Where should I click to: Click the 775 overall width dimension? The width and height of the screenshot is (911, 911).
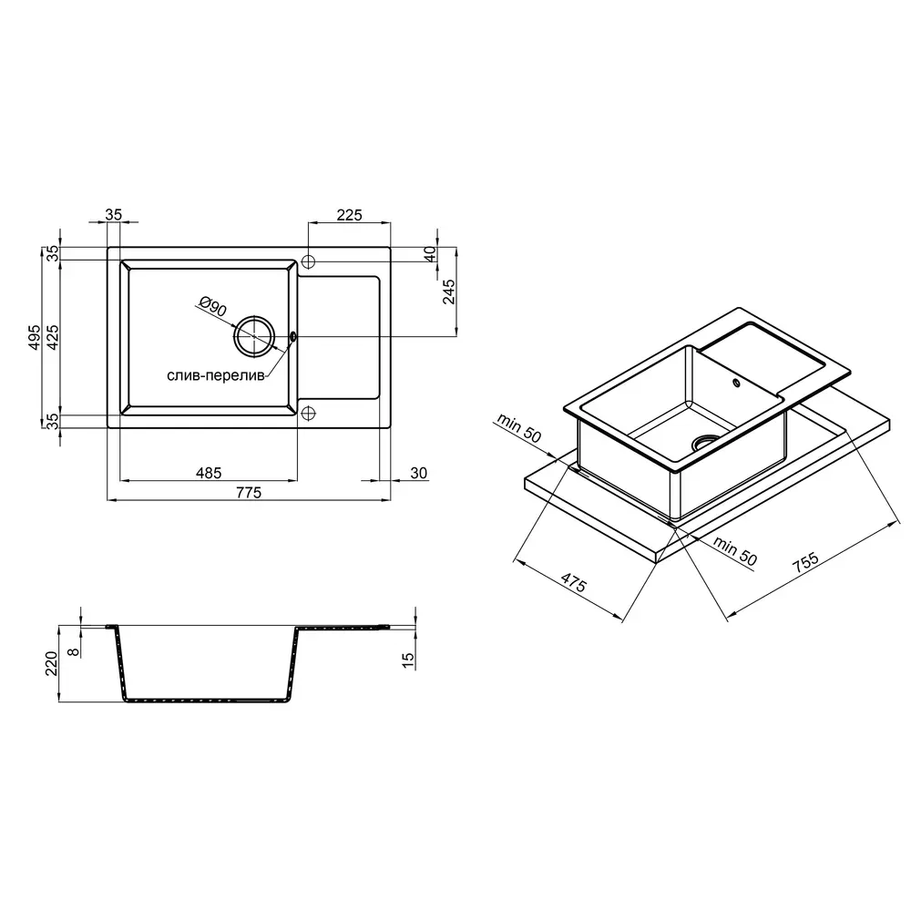tap(249, 493)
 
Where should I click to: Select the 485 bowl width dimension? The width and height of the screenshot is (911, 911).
tap(208, 473)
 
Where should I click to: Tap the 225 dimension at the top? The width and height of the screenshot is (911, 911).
tap(349, 215)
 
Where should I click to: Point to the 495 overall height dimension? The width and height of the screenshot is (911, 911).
tap(35, 337)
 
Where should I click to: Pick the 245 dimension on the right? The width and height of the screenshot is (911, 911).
tap(448, 292)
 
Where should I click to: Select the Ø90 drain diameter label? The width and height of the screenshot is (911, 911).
tap(212, 306)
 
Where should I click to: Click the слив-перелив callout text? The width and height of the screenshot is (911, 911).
tap(216, 376)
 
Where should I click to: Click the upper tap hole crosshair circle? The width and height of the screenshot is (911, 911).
tap(309, 261)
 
